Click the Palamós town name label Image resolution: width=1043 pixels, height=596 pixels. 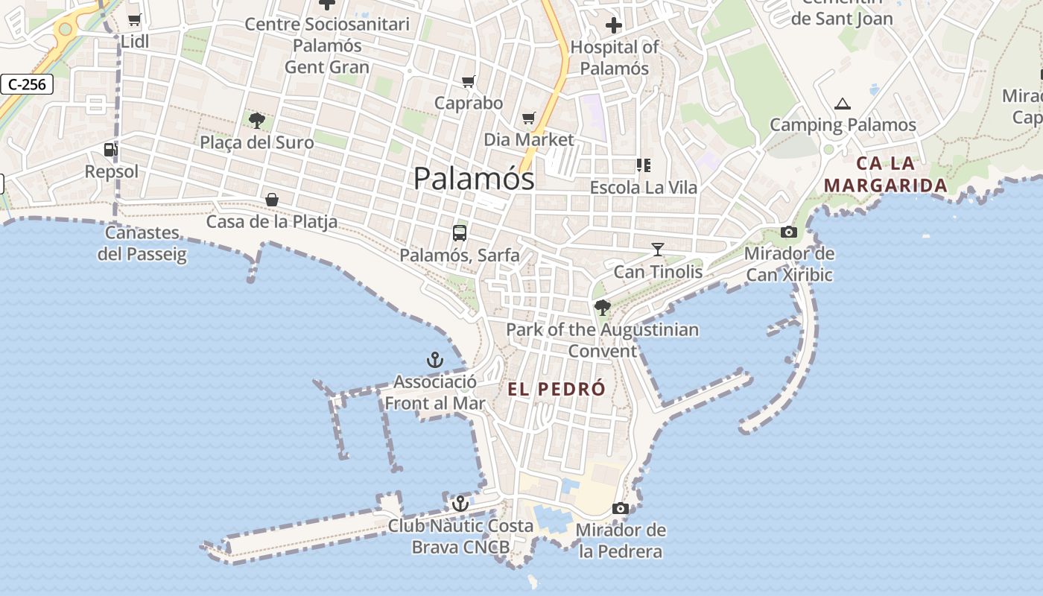point(474,179)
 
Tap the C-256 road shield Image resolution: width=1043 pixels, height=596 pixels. point(28,84)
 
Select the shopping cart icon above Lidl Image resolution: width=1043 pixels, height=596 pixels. point(134,20)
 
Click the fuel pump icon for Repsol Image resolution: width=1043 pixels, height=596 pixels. point(110,150)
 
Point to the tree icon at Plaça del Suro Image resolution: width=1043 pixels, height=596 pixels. point(257,119)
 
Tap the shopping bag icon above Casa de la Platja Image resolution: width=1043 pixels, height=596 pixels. point(272,200)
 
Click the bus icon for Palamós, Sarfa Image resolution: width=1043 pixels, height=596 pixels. point(460,232)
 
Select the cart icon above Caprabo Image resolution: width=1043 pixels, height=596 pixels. point(469,81)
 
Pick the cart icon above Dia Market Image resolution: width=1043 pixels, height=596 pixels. point(529,118)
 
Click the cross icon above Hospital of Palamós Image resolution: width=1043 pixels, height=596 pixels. point(614,26)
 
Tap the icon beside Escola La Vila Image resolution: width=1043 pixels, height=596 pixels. point(643,165)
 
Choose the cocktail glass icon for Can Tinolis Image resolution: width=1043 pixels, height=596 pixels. point(657,250)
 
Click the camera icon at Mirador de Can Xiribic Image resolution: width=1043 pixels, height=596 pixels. point(789,232)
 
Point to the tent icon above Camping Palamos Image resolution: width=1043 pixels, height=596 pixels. point(843,104)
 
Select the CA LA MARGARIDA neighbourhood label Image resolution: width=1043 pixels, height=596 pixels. point(886,174)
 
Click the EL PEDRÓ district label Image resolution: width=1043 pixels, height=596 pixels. point(557,389)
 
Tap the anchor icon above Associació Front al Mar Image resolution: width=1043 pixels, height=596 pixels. point(435,361)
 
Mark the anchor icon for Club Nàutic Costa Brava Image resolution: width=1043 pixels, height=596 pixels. point(460,504)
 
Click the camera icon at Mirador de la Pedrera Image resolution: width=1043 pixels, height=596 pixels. point(620,509)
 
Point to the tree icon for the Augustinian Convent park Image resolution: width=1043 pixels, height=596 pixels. point(603,307)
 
